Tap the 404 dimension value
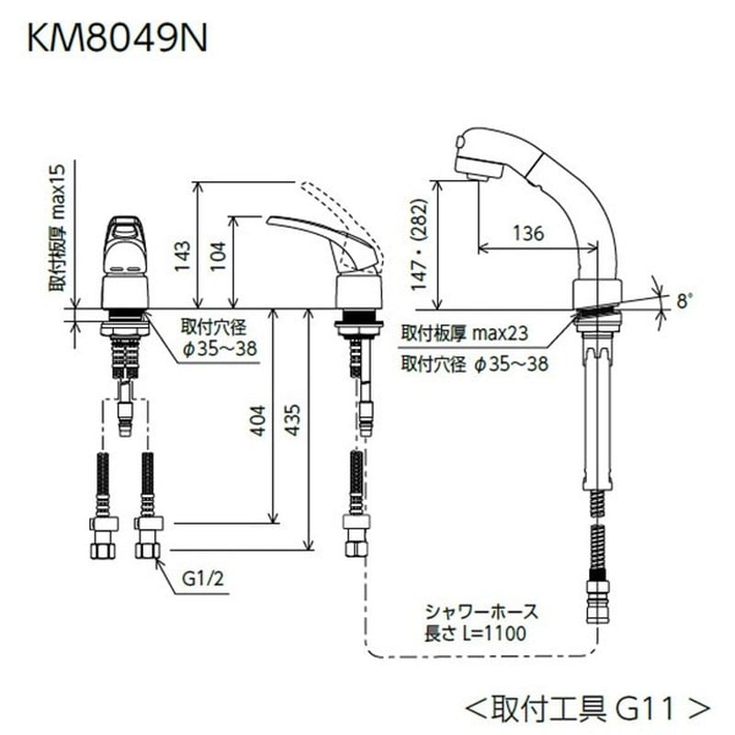coord(260,421)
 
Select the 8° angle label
coord(684,300)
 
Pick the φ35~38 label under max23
coord(512,364)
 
